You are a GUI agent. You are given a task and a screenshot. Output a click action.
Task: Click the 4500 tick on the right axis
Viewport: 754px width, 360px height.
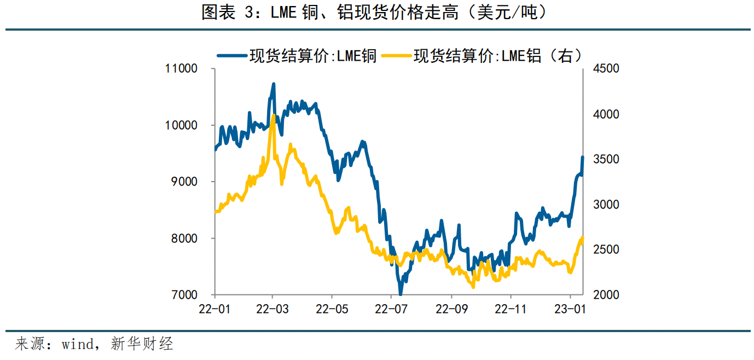coord(605,69)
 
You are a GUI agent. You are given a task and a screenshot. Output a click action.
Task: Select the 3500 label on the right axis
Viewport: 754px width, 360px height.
coord(605,159)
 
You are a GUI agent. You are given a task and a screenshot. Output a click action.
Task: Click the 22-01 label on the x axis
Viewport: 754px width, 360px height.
coord(214,309)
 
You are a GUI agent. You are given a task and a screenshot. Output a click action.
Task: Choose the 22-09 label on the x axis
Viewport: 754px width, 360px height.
coord(451,309)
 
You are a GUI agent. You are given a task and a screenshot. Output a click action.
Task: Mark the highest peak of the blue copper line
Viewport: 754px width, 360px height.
coord(274,84)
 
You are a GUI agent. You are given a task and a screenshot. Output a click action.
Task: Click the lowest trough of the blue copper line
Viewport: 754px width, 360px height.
coord(401,294)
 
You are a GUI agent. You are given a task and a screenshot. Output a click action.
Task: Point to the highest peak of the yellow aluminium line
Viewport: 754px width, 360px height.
coord(273,115)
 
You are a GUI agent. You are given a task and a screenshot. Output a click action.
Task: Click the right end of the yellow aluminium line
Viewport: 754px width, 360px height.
coord(583,238)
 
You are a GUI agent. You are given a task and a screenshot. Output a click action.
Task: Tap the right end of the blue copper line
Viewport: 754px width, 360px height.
coord(583,157)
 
